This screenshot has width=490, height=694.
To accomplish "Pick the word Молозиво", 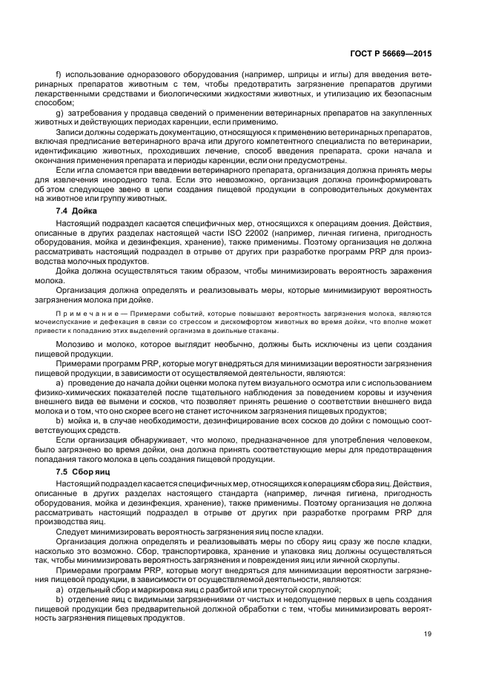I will pos(77,346).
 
